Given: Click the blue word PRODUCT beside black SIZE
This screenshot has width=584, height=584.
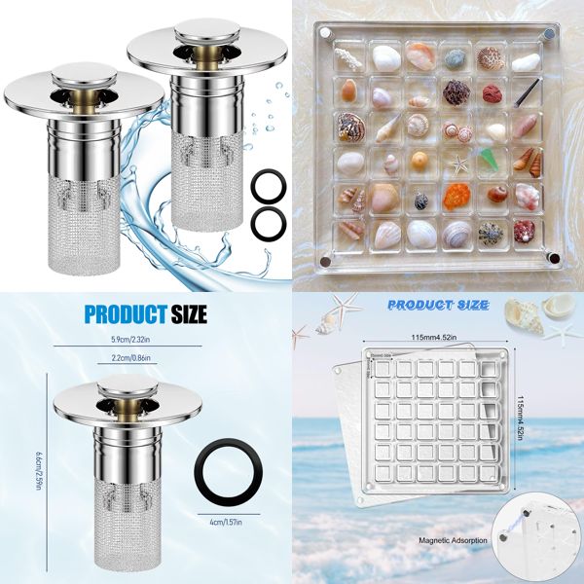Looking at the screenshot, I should pyautogui.click(x=122, y=313).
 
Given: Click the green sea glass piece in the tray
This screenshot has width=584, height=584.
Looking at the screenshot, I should pyautogui.click(x=489, y=159).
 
